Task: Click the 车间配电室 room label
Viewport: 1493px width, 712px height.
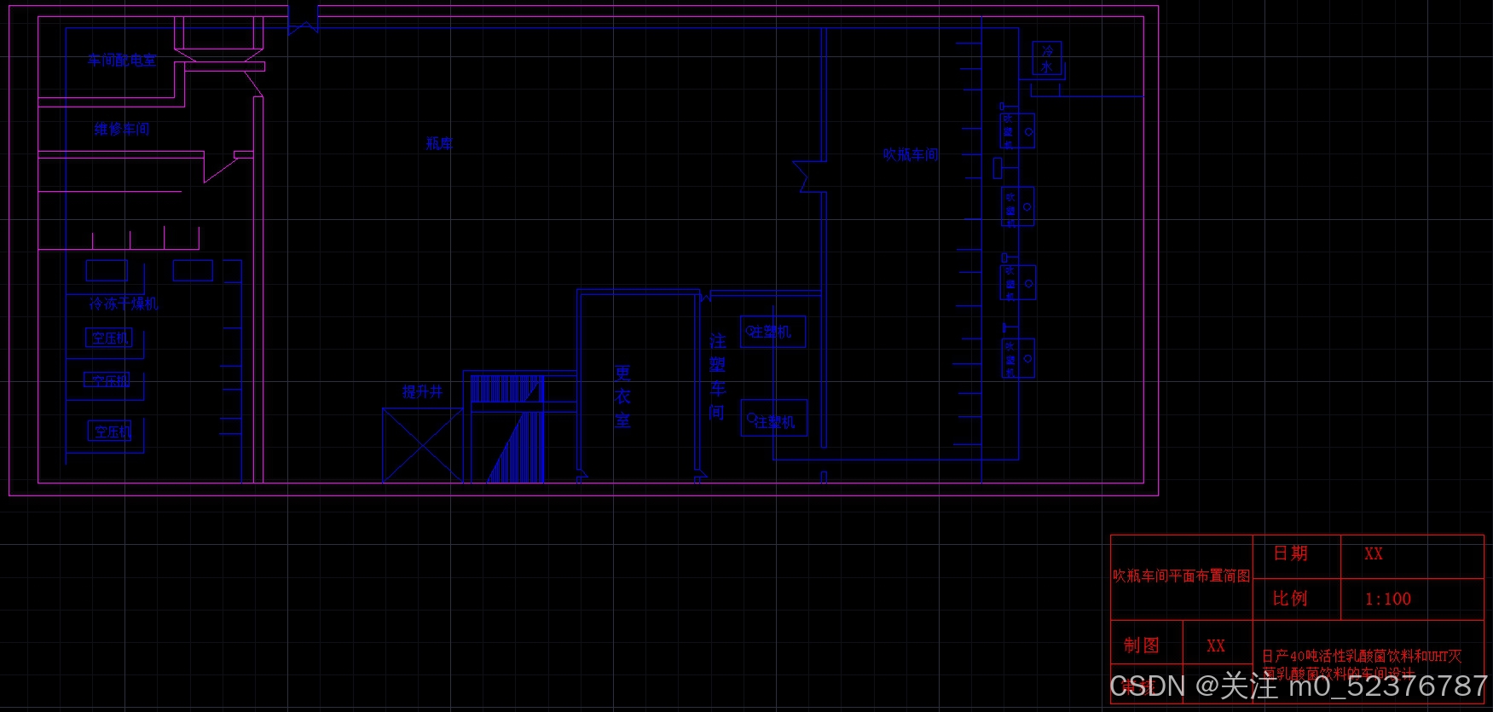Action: [122, 61]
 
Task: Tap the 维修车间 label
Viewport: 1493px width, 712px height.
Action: [122, 129]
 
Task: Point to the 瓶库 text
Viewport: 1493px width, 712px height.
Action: [439, 143]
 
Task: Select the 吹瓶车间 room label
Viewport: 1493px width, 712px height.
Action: [911, 154]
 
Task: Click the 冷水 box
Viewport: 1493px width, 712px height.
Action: [1047, 59]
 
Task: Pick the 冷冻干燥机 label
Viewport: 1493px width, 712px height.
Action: [124, 303]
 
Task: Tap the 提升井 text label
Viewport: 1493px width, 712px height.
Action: [423, 391]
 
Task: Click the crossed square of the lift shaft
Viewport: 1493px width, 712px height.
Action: [422, 445]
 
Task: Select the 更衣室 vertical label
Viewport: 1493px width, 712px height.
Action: [622, 397]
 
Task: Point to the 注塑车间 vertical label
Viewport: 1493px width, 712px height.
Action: [717, 376]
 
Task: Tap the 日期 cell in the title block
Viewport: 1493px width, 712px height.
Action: [1290, 553]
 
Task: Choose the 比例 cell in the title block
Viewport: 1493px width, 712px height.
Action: [1290, 599]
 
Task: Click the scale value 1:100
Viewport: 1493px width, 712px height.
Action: [1388, 599]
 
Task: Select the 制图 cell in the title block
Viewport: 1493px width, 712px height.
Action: [1141, 645]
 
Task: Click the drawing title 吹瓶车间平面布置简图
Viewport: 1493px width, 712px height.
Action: [1181, 576]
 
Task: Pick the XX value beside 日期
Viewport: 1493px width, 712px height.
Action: [1374, 553]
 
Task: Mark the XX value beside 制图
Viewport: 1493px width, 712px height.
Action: [1216, 646]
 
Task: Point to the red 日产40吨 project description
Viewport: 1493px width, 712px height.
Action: [1361, 662]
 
